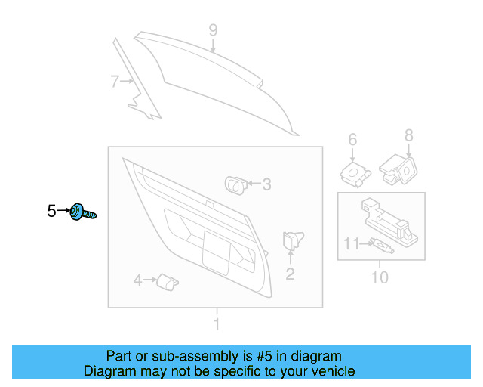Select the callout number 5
[51, 212]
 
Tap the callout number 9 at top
[213, 30]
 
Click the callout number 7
[115, 82]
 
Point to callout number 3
[266, 184]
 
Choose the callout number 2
[290, 274]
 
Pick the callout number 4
[138, 281]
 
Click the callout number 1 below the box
[217, 325]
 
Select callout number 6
[352, 139]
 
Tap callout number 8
[409, 135]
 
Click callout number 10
[380, 277]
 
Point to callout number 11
[352, 243]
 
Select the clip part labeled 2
[291, 241]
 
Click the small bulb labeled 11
[380, 245]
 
